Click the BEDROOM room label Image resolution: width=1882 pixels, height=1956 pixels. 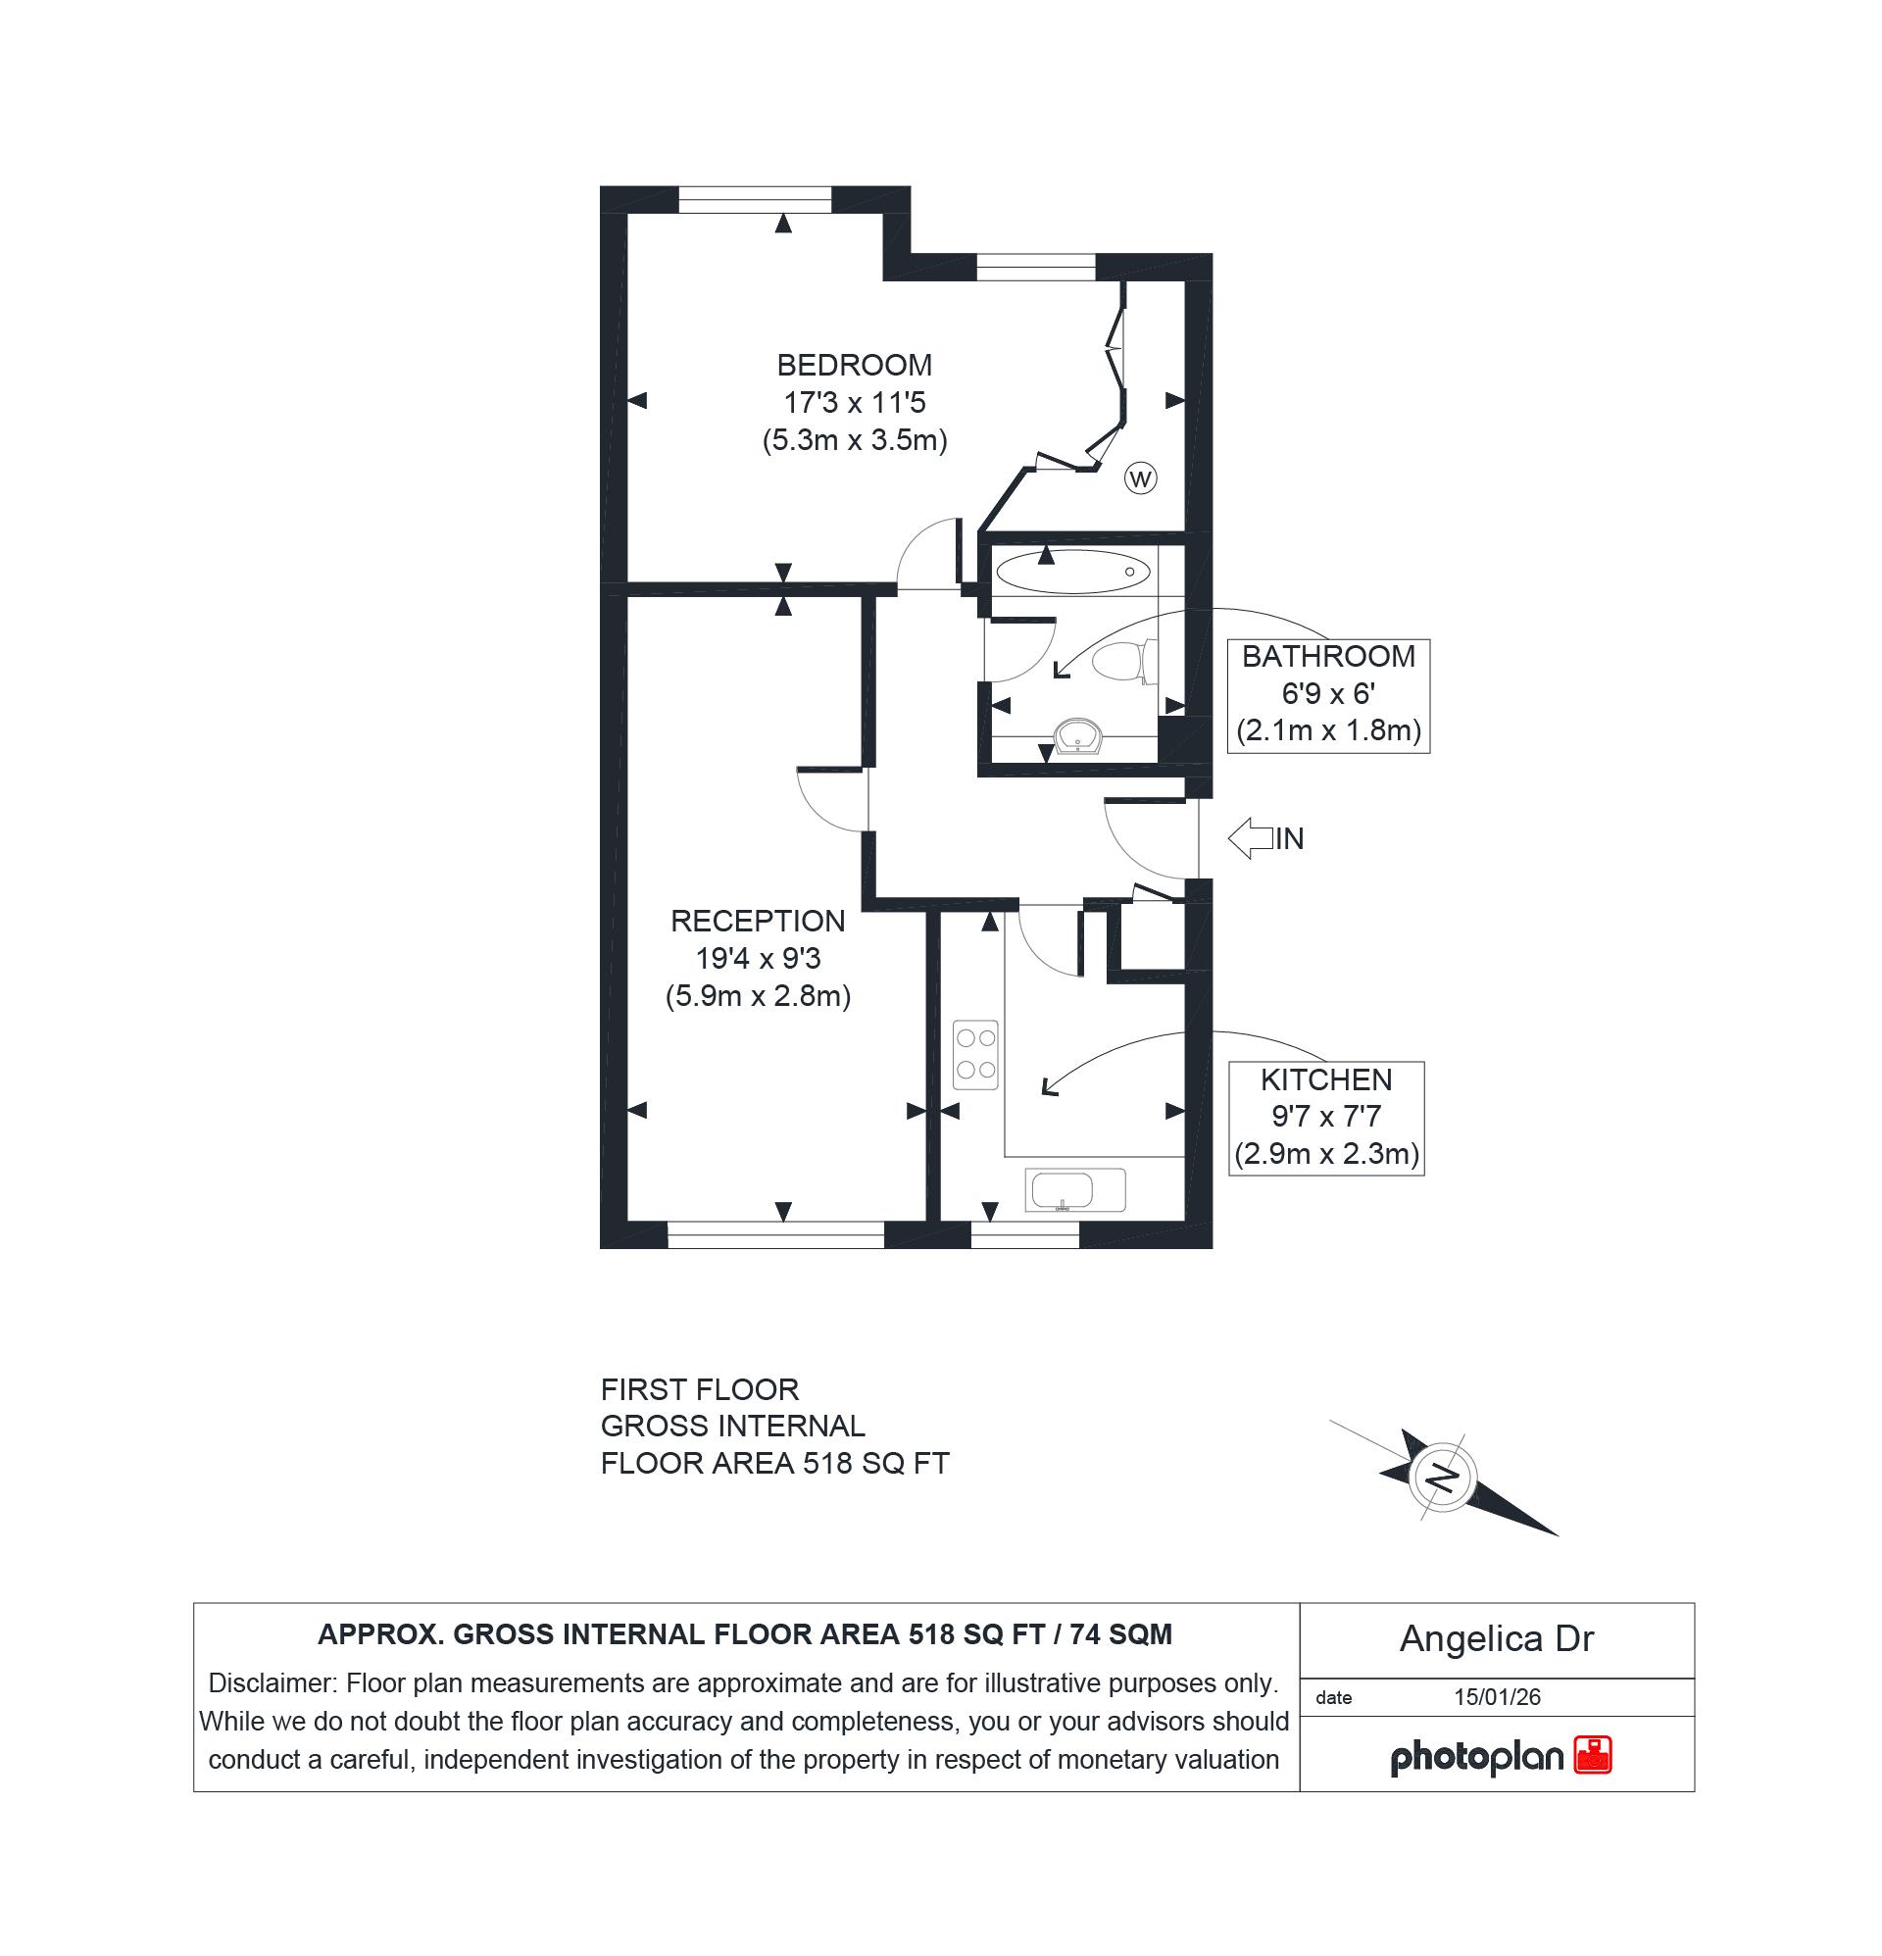854,366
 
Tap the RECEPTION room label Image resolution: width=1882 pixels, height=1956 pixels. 758,921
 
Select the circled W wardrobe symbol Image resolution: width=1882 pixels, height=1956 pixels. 1140,479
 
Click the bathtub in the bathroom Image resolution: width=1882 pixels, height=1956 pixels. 1072,572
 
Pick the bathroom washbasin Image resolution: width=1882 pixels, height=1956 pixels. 1077,736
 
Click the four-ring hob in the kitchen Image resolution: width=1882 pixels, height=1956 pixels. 975,1054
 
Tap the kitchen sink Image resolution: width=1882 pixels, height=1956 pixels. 1074,1189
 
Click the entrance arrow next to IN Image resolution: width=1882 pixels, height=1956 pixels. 1251,838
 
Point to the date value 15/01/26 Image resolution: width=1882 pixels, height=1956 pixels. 1497,1696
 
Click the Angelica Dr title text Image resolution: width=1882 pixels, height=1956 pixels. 1496,1638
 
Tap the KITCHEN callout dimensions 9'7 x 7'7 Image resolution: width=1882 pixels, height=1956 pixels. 1325,1116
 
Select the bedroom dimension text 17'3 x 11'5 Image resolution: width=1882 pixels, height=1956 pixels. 854,403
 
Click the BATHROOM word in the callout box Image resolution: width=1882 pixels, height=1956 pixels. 1328,657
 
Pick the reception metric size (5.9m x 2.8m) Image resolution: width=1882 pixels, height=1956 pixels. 758,996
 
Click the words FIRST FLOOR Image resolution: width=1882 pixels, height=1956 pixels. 700,1389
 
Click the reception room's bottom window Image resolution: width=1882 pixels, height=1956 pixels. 775,1234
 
